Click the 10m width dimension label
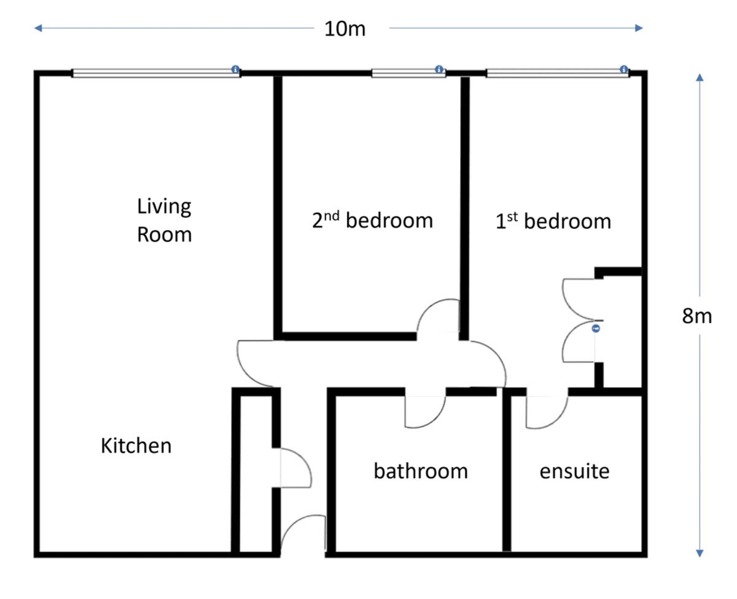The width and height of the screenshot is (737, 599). click(345, 29)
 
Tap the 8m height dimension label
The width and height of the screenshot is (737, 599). click(697, 315)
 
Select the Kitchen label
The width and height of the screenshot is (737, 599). click(136, 446)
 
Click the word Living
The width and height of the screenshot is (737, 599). click(164, 207)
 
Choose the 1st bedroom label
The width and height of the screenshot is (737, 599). click(553, 220)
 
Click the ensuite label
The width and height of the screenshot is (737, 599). click(574, 471)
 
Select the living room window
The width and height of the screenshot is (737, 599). click(156, 73)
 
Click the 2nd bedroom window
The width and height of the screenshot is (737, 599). click(408, 73)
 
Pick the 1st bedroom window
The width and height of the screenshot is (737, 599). click(558, 73)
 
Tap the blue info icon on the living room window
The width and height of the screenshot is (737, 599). click(235, 69)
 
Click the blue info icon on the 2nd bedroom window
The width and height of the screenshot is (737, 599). click(439, 69)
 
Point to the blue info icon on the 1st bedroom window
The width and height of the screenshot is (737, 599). click(624, 69)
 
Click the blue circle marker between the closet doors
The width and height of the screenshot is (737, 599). click(596, 328)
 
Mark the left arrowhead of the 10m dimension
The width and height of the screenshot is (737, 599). click(37, 28)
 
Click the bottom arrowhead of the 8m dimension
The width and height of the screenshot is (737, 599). click(700, 554)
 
